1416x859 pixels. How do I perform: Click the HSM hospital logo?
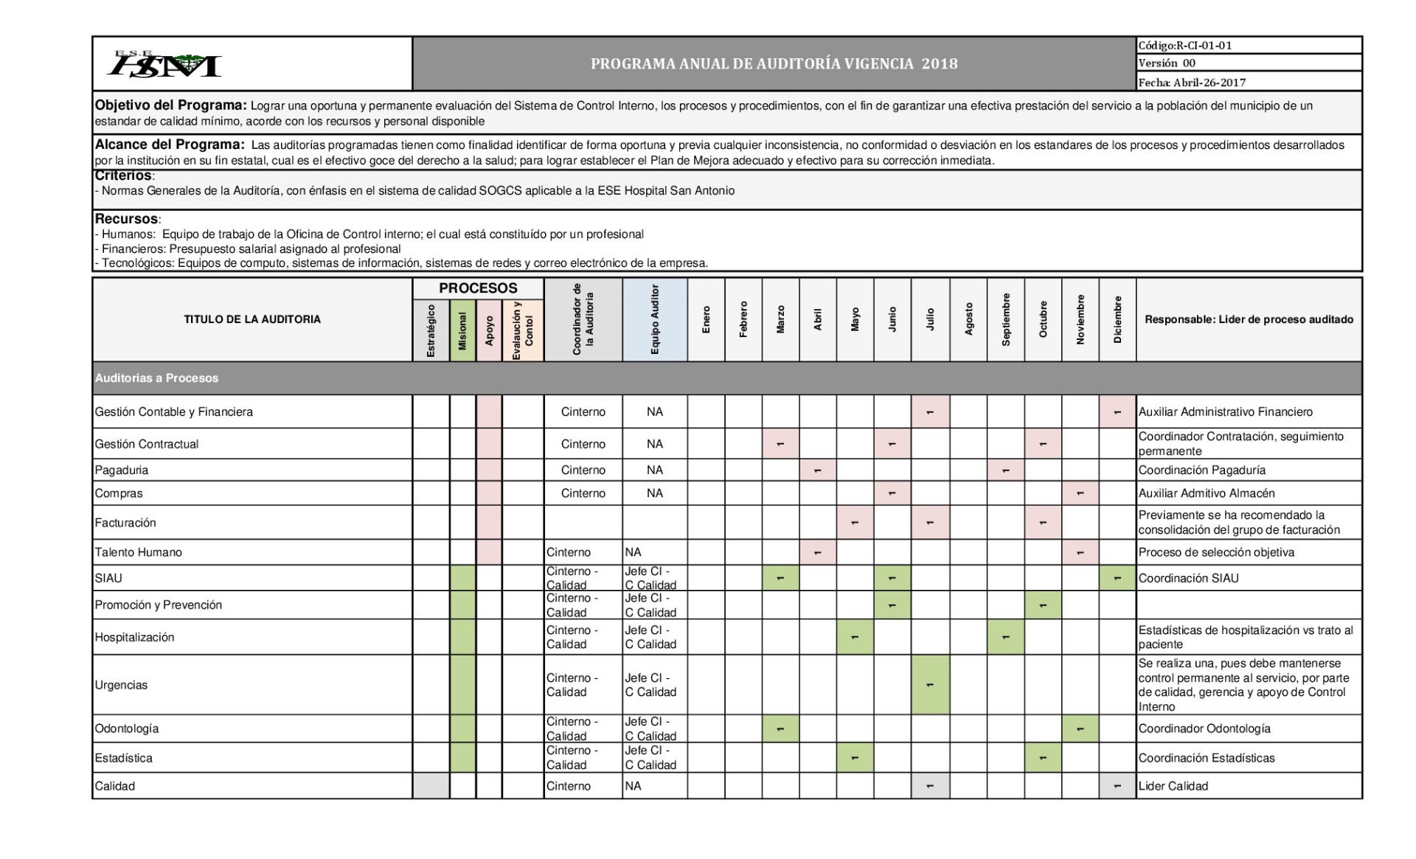coord(164,64)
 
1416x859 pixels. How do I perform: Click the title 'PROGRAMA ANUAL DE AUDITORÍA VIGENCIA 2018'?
coord(774,64)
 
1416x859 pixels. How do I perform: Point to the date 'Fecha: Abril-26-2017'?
coord(1192,83)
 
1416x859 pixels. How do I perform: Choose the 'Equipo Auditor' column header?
coord(655,319)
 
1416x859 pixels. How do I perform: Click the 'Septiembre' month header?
coord(1006,319)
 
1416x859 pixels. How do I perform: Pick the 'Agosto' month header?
coord(968,319)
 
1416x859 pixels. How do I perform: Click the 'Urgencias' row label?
coord(121,685)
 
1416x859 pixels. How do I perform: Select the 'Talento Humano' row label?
coord(138,552)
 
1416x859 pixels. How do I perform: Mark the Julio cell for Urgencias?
coord(930,685)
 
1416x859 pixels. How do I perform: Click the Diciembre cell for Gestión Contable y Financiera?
coord(1117,412)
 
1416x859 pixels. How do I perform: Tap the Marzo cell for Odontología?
coord(780,728)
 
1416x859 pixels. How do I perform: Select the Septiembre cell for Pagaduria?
coord(1006,470)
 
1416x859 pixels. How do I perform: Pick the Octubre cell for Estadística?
coord(1043,758)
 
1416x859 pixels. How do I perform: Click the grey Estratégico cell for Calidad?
coord(431,786)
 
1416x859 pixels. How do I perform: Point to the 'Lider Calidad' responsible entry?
coord(1173,786)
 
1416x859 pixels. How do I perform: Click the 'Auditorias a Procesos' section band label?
coord(156,378)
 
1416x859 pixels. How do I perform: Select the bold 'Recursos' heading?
coord(126,219)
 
